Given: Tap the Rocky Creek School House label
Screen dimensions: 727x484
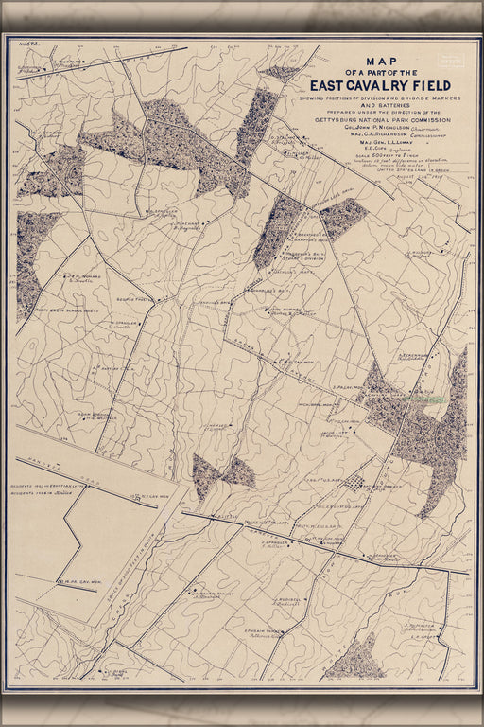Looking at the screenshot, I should pos(54,310).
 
